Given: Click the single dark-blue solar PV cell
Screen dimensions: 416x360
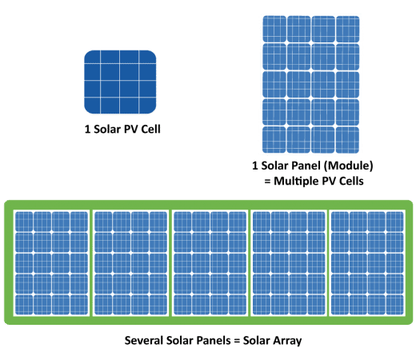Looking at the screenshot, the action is (x=120, y=82).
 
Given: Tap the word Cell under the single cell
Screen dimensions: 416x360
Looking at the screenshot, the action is (x=150, y=129).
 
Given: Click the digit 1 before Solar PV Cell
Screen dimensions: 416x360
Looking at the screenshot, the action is (x=87, y=130).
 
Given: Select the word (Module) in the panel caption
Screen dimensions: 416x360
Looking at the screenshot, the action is (x=348, y=166).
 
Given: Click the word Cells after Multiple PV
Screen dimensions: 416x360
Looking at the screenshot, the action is (x=351, y=181).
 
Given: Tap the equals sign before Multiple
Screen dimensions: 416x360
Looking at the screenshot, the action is (x=267, y=182).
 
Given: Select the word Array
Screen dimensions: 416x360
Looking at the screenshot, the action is (x=287, y=341).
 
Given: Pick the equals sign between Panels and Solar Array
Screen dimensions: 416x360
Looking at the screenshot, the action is (x=238, y=341).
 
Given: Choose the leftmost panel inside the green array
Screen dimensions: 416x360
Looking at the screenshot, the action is (x=51, y=263).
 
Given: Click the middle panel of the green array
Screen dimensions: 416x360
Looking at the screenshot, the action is (x=210, y=263).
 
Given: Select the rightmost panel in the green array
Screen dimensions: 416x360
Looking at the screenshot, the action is (x=367, y=263).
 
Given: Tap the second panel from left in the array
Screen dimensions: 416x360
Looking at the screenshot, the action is (x=130, y=263).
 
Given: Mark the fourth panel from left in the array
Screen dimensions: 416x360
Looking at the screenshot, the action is (x=289, y=263).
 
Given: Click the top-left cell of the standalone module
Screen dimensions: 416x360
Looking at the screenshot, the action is (x=274, y=29).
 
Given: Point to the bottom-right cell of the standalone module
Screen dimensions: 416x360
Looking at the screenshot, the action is (x=347, y=140).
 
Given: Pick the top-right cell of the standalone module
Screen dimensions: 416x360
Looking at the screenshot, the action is (x=348, y=29).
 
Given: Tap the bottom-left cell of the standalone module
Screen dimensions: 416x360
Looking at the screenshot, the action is (x=274, y=140).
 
